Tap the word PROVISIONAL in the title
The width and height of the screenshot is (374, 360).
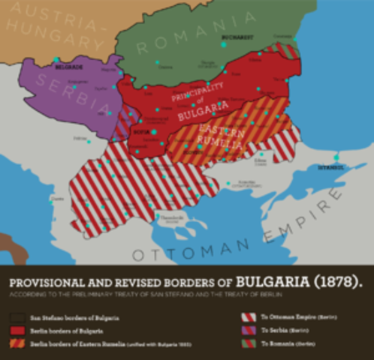coord(53,283)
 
